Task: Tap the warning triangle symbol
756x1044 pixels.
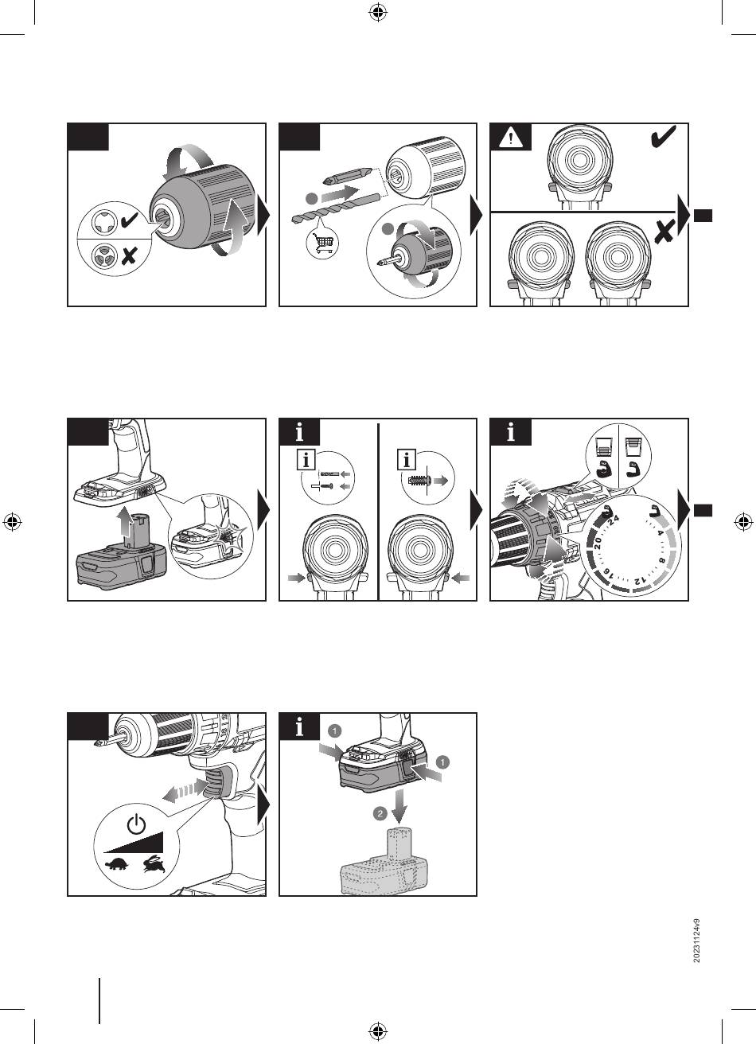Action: click(511, 138)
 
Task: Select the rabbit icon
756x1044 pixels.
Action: click(154, 864)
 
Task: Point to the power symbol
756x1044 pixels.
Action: click(136, 824)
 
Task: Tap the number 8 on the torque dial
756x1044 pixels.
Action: click(661, 560)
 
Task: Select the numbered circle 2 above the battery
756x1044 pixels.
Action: click(380, 814)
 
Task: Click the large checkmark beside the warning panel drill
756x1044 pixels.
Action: click(662, 137)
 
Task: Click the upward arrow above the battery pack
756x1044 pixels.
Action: click(123, 523)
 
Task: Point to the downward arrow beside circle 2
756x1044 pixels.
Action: click(399, 807)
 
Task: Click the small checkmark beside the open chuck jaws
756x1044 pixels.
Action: click(129, 219)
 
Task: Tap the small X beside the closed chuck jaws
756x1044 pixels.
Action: click(129, 256)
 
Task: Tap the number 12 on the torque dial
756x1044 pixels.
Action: click(640, 581)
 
